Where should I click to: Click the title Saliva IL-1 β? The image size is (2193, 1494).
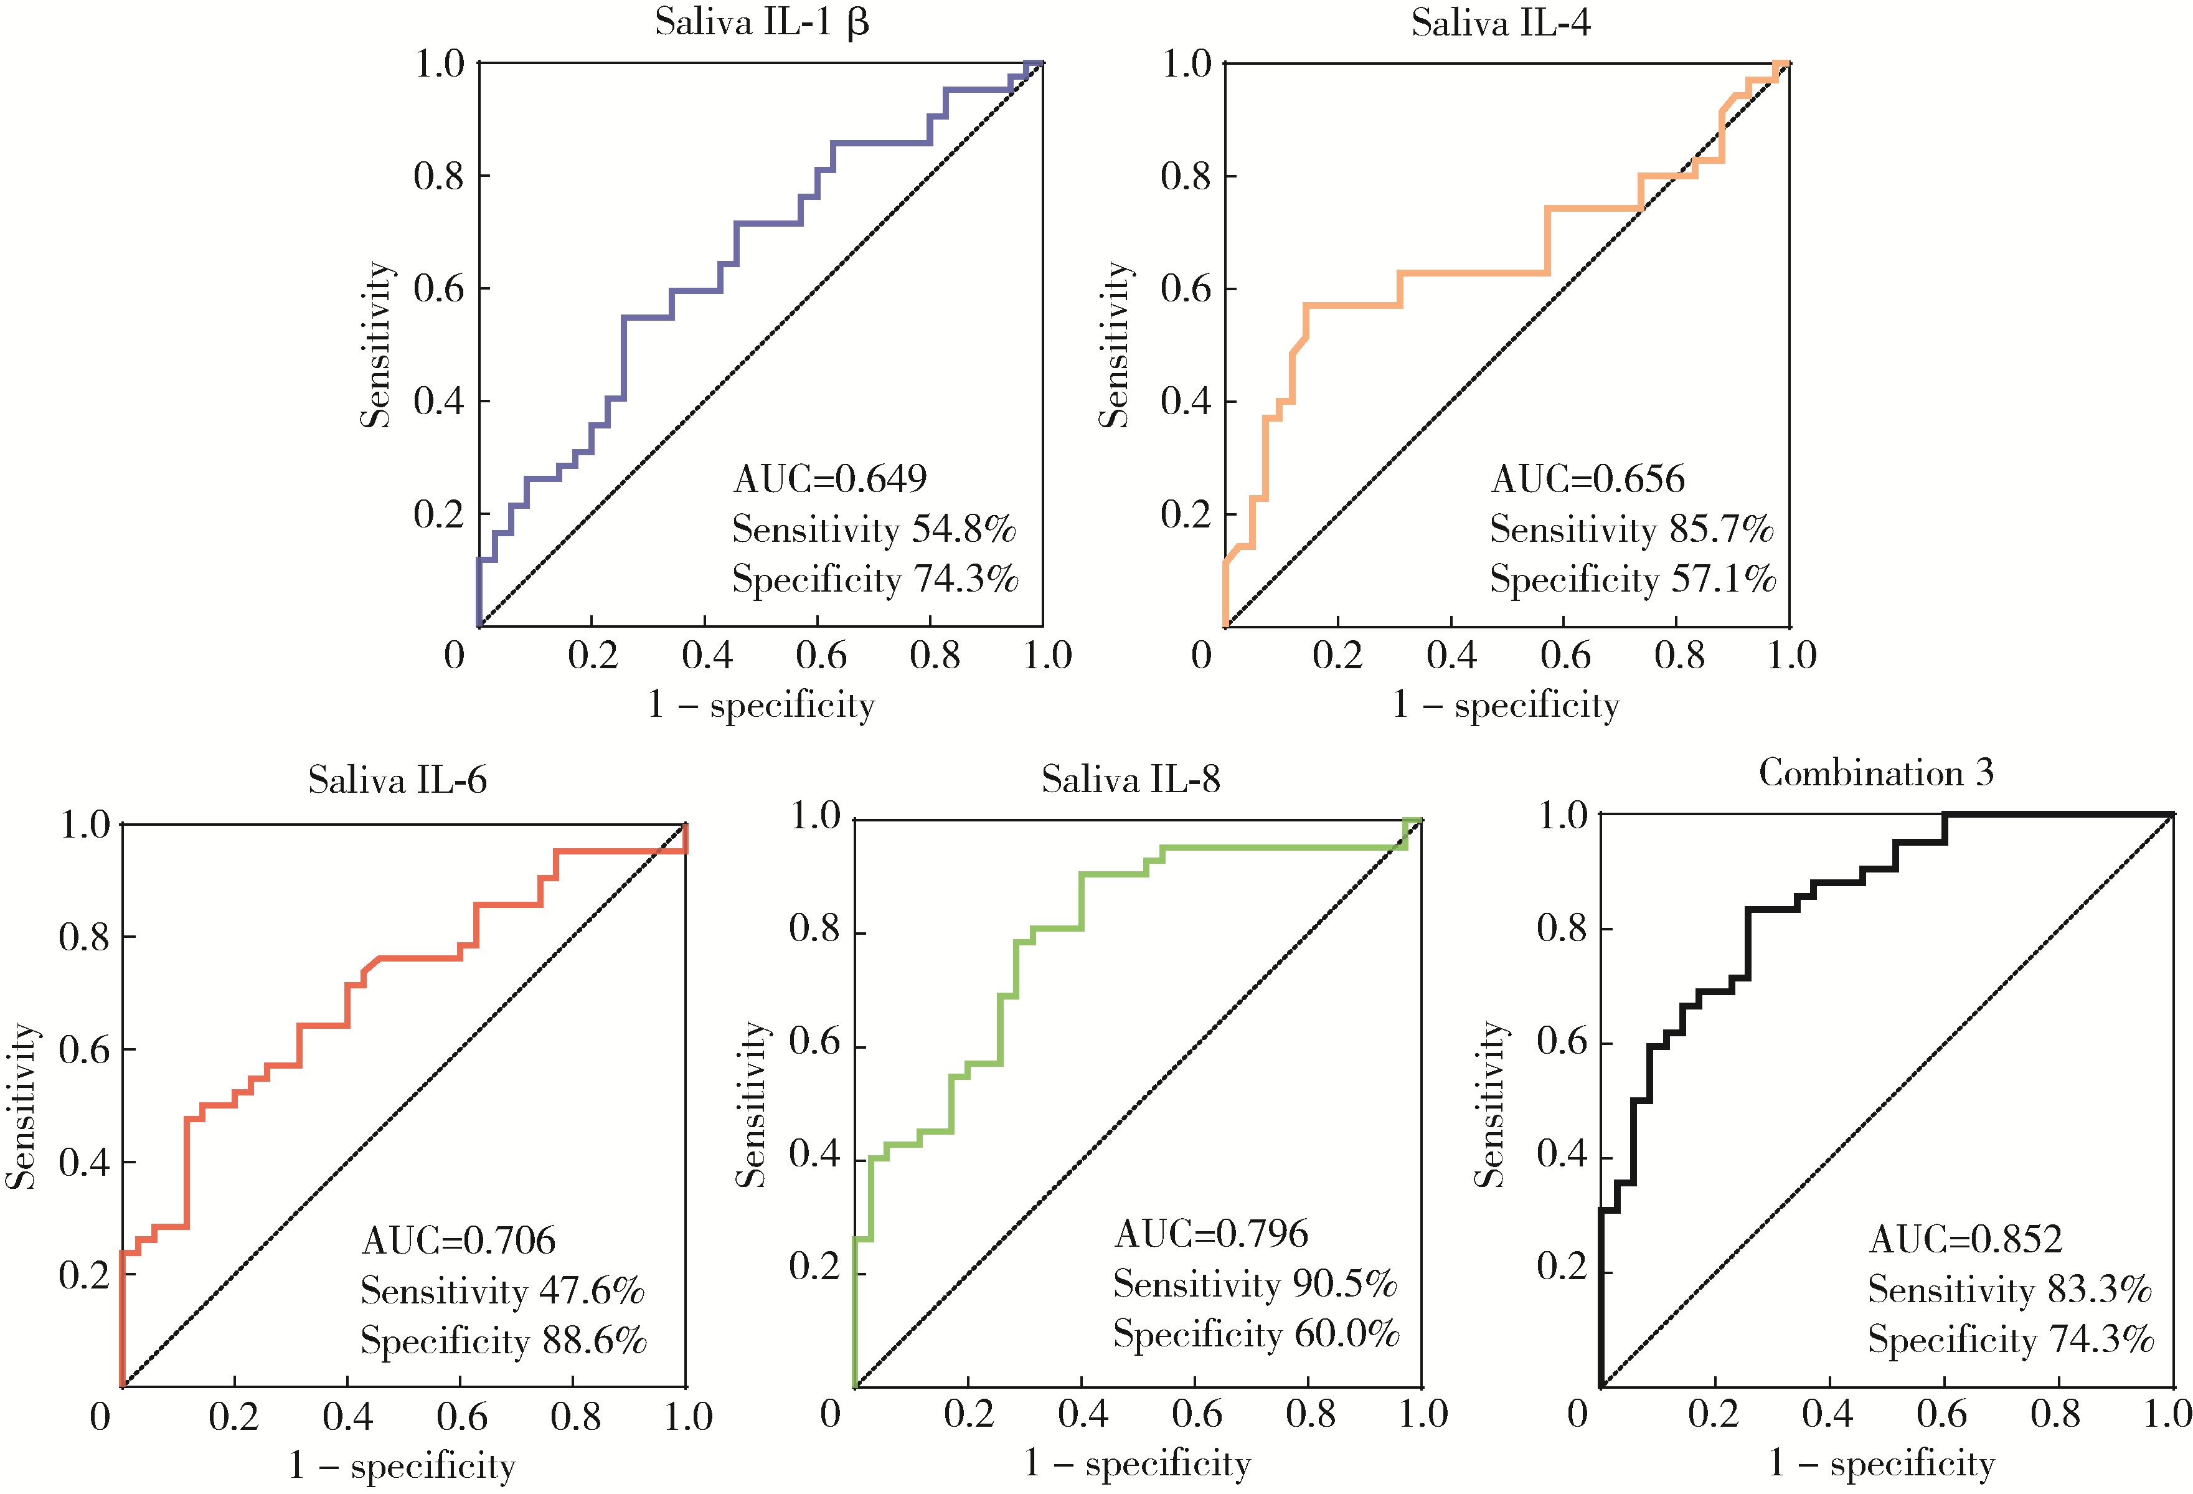pyautogui.click(x=762, y=22)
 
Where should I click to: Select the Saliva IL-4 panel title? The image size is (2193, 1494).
pyautogui.click(x=1501, y=22)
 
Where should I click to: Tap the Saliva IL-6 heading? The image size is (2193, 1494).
pyautogui.click(x=397, y=780)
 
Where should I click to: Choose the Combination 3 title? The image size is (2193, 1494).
pyautogui.click(x=1876, y=773)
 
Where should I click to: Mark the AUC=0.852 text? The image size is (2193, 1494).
pyautogui.click(x=1966, y=1239)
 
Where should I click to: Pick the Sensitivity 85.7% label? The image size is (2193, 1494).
pyautogui.click(x=1631, y=529)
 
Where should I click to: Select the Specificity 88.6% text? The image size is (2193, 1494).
pyautogui.click(x=503, y=1341)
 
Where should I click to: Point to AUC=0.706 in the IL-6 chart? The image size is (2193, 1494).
pyautogui.click(x=459, y=1240)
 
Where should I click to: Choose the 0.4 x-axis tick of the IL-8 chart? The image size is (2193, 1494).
pyautogui.click(x=1082, y=1413)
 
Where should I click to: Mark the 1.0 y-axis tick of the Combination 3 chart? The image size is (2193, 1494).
pyautogui.click(x=1563, y=815)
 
